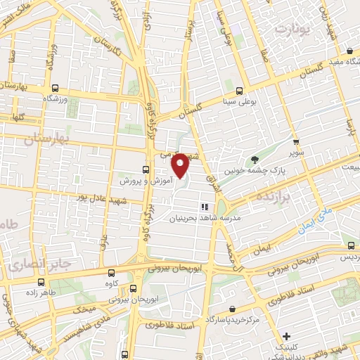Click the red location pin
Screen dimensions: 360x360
point(181,165)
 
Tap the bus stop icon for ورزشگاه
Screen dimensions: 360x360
point(55,89)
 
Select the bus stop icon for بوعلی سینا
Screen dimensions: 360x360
point(240,91)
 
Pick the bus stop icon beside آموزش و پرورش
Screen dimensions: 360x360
point(146,169)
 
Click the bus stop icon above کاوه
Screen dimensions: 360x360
point(111,273)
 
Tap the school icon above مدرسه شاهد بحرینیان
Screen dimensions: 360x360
point(205,207)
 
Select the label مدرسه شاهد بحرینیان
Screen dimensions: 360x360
point(205,218)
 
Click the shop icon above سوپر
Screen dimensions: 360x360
point(295,141)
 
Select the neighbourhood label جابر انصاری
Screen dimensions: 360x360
point(35,266)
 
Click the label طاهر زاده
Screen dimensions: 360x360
point(41,291)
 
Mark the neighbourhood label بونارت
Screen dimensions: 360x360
point(292,29)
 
